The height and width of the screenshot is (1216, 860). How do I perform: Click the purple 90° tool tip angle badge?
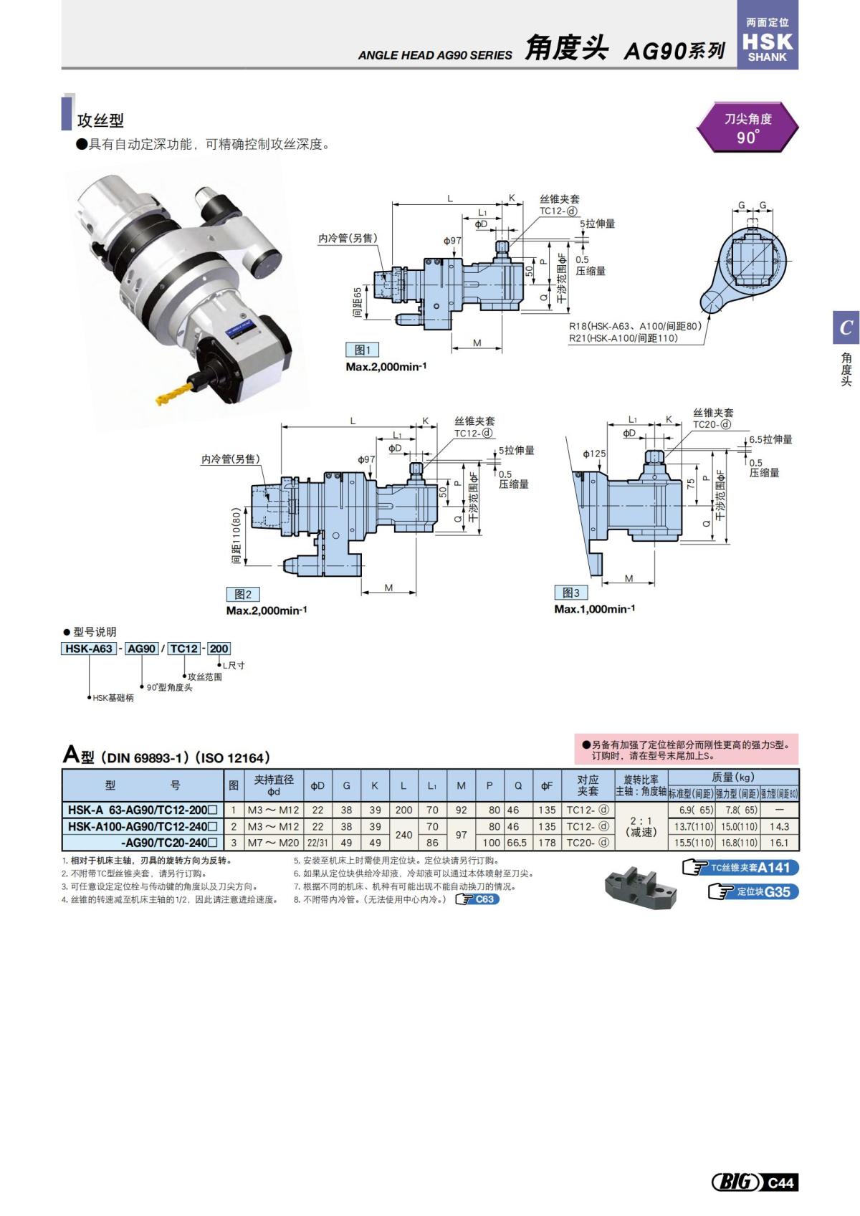click(x=747, y=128)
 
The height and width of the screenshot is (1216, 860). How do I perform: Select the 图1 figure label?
click(x=363, y=350)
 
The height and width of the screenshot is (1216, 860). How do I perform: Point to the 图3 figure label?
click(x=571, y=593)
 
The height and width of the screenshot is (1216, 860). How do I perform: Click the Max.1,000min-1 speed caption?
click(x=594, y=609)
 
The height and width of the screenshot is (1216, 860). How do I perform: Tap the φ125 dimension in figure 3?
click(x=594, y=454)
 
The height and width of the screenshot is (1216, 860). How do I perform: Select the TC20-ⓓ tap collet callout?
click(x=712, y=424)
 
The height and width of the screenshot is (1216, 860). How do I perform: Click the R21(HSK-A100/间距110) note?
click(x=623, y=338)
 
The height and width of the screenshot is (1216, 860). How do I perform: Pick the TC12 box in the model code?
click(x=184, y=648)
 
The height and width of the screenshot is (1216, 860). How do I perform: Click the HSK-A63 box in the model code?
click(x=89, y=648)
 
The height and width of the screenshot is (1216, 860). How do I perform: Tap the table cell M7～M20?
click(x=273, y=843)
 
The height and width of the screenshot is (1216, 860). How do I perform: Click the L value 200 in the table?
click(x=403, y=810)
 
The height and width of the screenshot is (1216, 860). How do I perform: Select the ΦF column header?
click(x=547, y=785)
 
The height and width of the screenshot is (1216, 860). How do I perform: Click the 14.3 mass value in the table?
click(x=779, y=826)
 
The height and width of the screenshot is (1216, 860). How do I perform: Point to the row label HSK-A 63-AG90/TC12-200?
click(x=142, y=810)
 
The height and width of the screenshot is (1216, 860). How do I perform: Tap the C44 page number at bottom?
click(x=780, y=1182)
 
